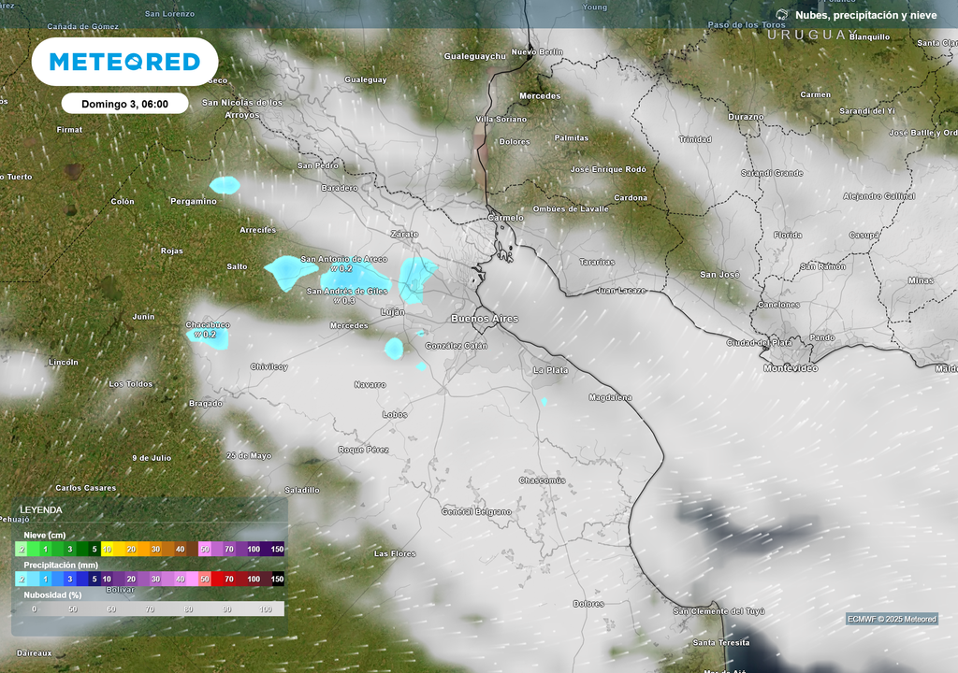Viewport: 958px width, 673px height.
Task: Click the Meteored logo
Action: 124,62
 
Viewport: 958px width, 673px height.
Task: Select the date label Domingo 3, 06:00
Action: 124,104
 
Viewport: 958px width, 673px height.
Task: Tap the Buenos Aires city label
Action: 485,319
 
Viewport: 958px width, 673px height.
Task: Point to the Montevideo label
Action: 791,368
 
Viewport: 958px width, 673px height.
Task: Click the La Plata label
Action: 550,370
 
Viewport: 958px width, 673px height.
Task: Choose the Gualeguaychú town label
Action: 474,56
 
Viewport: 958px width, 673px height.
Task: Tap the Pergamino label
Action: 194,201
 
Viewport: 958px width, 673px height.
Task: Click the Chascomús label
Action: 543,480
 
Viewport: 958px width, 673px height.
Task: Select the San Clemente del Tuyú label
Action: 719,611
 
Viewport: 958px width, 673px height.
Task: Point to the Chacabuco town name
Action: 208,324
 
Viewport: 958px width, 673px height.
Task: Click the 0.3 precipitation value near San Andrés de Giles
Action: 349,301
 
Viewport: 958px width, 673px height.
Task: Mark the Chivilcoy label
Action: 269,366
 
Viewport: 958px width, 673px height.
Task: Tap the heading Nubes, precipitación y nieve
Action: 865,15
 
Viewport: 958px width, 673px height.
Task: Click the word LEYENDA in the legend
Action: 41,509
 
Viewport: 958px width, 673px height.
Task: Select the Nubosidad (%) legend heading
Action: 53,594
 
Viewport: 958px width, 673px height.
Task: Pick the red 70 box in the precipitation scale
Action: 228,580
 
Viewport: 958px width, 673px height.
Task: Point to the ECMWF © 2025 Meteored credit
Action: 892,619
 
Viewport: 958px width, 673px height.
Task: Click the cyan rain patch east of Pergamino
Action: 225,185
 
